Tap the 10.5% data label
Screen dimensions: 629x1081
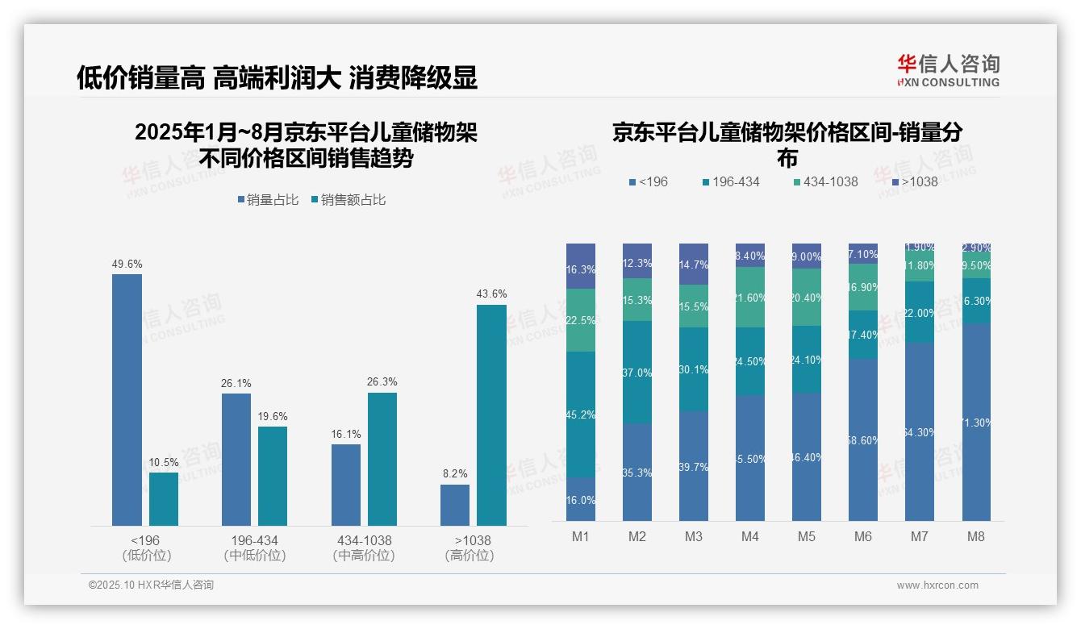[x=164, y=462]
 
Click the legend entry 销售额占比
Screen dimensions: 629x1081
[x=349, y=200]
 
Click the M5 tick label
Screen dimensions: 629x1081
[x=807, y=536]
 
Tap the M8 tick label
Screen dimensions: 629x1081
[x=976, y=536]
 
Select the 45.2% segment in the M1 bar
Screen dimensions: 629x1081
[x=581, y=414]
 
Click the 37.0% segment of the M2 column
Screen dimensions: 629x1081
[x=637, y=373]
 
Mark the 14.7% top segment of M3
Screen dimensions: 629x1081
[x=694, y=265]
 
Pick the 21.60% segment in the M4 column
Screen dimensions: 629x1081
[x=750, y=298]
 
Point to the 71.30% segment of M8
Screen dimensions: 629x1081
[x=976, y=422]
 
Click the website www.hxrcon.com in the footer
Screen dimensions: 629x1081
[x=937, y=585]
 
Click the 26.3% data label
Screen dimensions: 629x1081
[x=382, y=381]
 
